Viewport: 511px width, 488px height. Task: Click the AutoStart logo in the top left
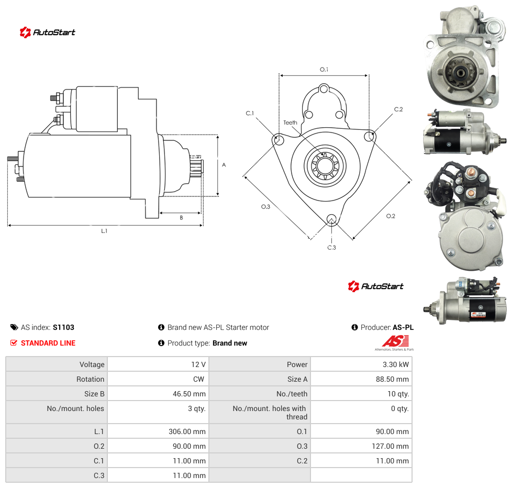(48, 32)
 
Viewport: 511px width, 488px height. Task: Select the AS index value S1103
(63, 327)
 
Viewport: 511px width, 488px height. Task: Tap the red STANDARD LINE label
(48, 343)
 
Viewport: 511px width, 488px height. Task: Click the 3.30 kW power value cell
(361, 364)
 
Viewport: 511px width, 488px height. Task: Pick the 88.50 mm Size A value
(392, 379)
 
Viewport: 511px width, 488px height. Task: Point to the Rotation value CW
(198, 379)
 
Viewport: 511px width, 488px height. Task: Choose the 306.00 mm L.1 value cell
(158, 431)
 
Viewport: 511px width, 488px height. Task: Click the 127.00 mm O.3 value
(390, 446)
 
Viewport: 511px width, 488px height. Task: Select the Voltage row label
(92, 364)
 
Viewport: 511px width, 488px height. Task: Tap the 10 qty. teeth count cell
(361, 394)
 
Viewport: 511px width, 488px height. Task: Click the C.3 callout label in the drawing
(331, 248)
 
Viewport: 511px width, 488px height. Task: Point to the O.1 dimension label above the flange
(324, 70)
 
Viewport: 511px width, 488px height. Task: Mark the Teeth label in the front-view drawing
(290, 123)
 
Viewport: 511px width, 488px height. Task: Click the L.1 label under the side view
(104, 231)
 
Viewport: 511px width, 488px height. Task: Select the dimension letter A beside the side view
(224, 165)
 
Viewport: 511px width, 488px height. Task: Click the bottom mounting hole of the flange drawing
(331, 219)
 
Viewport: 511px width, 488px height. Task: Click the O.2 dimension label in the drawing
(391, 216)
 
